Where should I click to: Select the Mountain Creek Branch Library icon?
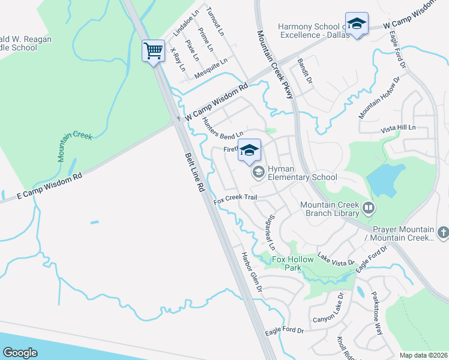tap(368, 209)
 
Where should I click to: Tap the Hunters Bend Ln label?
tap(223, 128)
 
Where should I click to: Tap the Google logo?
tap(20, 352)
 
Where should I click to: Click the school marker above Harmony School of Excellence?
tap(357, 25)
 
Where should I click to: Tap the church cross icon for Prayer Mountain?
tap(443, 232)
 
